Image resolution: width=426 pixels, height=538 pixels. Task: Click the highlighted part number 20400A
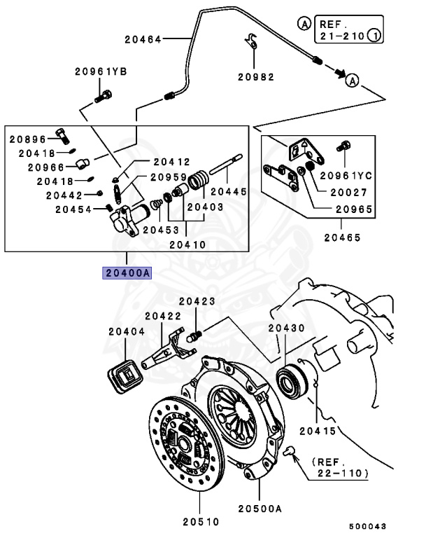(127, 273)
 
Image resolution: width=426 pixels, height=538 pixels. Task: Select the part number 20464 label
(143, 39)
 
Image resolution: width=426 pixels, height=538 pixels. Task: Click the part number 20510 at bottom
(201, 521)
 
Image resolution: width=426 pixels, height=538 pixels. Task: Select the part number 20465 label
(342, 237)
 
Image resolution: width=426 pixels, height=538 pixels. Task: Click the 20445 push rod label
(229, 190)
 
